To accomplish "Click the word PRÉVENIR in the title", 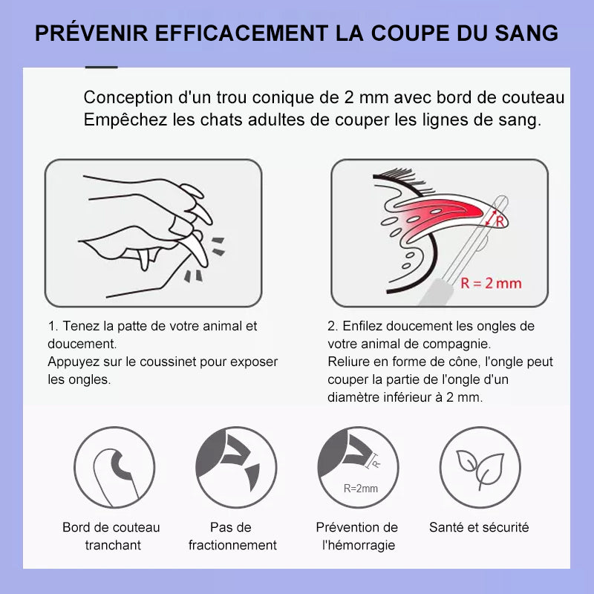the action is point(91,33).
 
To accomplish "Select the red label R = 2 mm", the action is point(491,284).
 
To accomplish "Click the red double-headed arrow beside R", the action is point(492,218).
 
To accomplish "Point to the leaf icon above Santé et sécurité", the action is point(480,469).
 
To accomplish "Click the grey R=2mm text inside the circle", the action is point(360,489).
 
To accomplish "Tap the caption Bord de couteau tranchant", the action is point(111,536).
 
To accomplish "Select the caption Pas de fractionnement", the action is point(232,536).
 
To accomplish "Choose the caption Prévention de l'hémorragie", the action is point(357,536).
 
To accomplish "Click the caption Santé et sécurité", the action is point(479,527).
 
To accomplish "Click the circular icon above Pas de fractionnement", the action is point(236,468).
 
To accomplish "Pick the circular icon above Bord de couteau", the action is point(114,468).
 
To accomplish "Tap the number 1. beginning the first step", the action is point(52,326).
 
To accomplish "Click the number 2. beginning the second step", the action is point(333,326).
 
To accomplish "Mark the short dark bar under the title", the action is point(102,67).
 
